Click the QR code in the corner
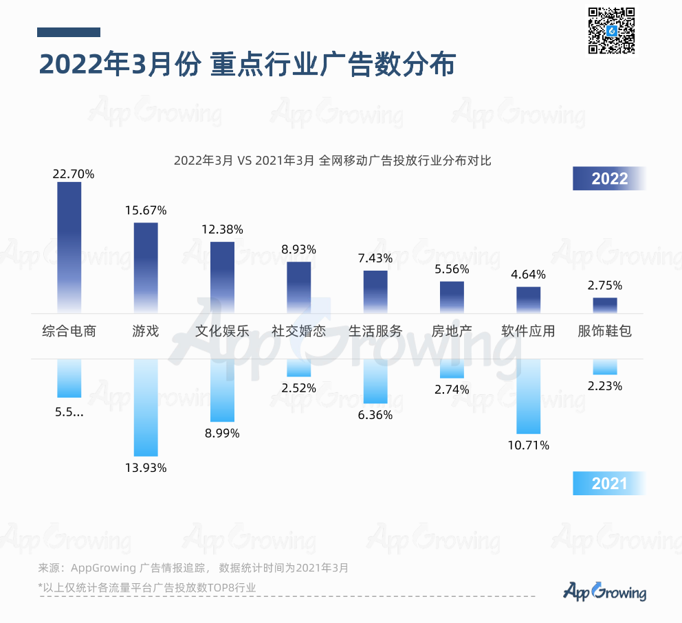coord(610,31)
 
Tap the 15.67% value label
coord(146,210)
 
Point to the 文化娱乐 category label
coord(222,331)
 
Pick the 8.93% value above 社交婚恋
coord(298,249)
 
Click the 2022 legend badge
coord(610,179)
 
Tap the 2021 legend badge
coord(610,484)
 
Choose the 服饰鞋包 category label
coord(605,331)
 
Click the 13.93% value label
coord(146,468)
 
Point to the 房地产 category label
coord(452,331)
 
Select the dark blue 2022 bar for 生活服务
coord(375,292)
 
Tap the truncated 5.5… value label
coord(69,413)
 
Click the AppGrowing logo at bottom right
coord(605,591)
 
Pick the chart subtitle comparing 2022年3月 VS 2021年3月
coord(333,161)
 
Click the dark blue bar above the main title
coord(69,32)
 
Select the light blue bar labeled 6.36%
coord(375,381)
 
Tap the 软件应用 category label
coord(529,331)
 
